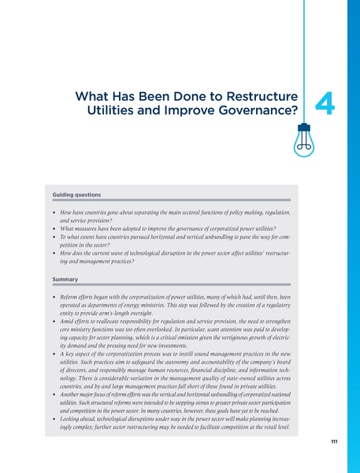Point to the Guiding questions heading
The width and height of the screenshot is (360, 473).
(x=76, y=194)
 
